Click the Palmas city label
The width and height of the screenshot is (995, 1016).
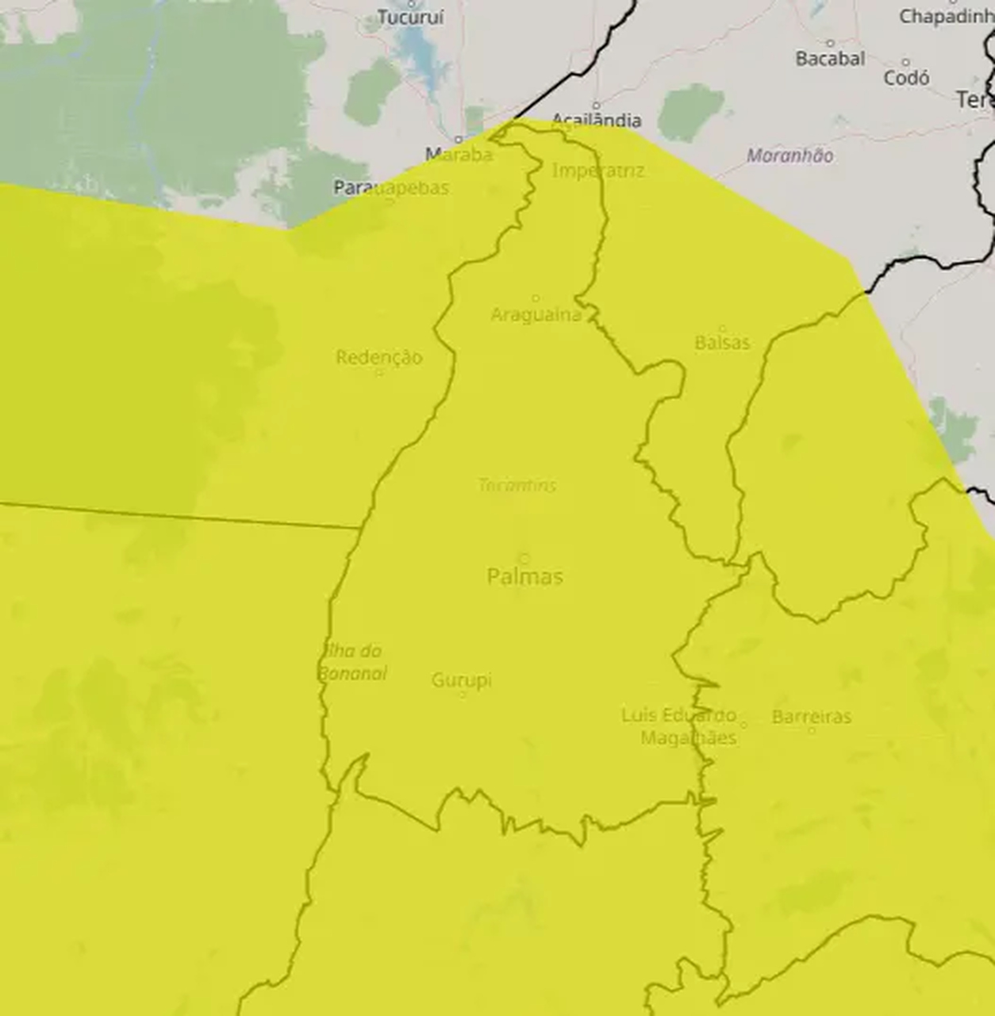point(525,576)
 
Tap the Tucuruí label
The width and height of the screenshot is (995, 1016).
point(410,17)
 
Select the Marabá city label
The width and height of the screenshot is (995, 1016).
point(459,154)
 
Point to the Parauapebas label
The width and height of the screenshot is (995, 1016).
point(391,188)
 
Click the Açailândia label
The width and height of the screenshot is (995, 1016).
point(596,120)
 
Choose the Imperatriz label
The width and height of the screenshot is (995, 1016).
point(598,171)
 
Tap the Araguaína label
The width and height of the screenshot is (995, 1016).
point(536,315)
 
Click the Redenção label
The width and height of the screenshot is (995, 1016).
point(378,357)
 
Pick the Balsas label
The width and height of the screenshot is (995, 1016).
point(722,343)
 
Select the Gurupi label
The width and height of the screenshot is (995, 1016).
point(462,680)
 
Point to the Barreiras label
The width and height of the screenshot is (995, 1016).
point(811,717)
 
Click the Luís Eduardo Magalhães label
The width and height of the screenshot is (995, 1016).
point(678,726)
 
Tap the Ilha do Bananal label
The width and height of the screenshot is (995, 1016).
point(352,662)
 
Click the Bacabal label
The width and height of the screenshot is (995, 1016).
point(830,59)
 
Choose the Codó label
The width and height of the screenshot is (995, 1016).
point(906,78)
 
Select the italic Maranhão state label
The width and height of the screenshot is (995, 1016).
point(789,156)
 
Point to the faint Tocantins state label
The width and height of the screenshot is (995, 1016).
point(517,485)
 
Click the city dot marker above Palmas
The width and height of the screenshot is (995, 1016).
point(524,558)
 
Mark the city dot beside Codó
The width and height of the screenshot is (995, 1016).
point(906,62)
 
